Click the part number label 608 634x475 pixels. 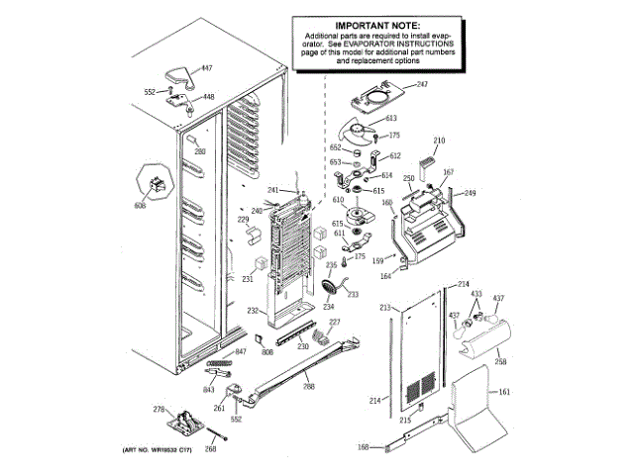click(x=139, y=205)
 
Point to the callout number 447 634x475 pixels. click(x=206, y=68)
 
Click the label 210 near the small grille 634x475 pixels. click(x=439, y=141)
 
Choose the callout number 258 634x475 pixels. click(x=500, y=362)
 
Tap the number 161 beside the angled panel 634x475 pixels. click(x=504, y=393)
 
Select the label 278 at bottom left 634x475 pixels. click(x=157, y=409)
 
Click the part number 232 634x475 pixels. click(x=253, y=312)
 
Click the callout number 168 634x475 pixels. click(x=364, y=447)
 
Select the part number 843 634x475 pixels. click(x=209, y=389)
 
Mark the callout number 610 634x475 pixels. click(x=337, y=200)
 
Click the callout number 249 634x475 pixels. click(x=470, y=193)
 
